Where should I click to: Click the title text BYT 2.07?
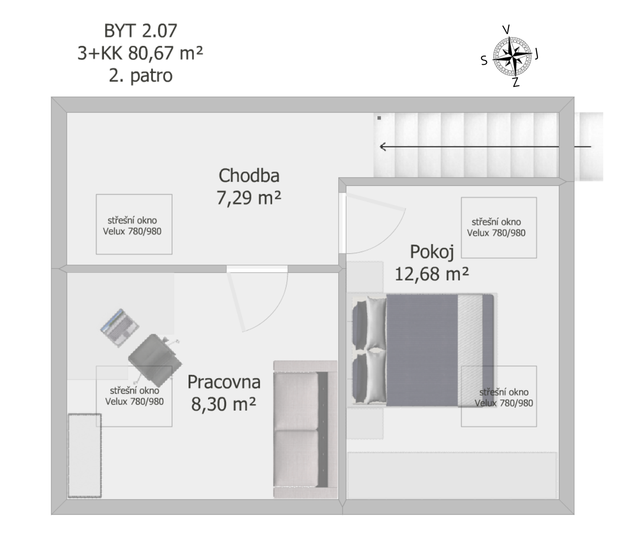(x=141, y=31)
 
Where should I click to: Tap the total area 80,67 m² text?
(x=166, y=53)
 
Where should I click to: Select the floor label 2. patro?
(x=141, y=76)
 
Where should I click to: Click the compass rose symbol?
(x=512, y=57)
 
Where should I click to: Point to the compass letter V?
(x=506, y=29)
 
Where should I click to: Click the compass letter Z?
(x=516, y=82)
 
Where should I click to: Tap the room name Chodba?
(x=249, y=175)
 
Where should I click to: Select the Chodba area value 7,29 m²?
(x=249, y=198)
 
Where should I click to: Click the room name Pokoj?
(x=432, y=252)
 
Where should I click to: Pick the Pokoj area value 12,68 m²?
(x=432, y=274)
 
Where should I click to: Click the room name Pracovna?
(x=224, y=382)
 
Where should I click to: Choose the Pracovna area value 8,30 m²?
(x=224, y=404)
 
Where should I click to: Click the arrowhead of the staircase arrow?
(x=382, y=146)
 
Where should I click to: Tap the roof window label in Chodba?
(x=132, y=226)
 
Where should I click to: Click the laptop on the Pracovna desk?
(x=119, y=328)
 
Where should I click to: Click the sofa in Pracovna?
(x=306, y=429)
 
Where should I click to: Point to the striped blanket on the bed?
(x=470, y=351)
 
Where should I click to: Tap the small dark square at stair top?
(x=379, y=118)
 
